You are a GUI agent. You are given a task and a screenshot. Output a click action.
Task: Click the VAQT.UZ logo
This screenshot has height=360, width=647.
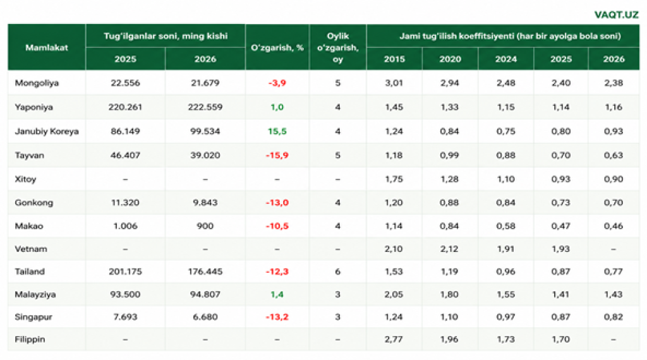(x=616, y=15)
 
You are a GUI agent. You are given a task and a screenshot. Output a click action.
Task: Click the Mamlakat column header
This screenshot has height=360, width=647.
(x=47, y=47)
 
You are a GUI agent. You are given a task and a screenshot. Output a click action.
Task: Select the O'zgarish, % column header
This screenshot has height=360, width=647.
(x=277, y=47)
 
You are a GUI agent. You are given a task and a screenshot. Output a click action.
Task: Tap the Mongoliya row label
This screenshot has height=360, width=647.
(x=37, y=83)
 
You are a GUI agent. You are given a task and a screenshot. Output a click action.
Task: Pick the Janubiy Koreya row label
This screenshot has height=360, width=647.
(x=47, y=131)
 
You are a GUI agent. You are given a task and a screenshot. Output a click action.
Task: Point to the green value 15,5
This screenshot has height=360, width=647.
(x=277, y=131)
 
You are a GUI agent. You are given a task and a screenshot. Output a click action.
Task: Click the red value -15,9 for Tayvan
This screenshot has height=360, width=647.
(x=277, y=155)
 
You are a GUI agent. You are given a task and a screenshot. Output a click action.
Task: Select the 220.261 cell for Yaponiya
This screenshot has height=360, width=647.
(x=125, y=107)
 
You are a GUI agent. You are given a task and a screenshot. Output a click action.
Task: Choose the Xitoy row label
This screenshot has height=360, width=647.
(x=25, y=179)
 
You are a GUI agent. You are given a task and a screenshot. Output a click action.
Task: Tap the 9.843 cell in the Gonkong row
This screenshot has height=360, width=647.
(x=205, y=203)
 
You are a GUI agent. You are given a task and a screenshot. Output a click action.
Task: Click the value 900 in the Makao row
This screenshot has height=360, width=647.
(x=205, y=226)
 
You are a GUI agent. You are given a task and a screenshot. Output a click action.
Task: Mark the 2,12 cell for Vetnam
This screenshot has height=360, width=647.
(x=450, y=249)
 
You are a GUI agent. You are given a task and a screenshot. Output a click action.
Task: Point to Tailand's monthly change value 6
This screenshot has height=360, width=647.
(x=338, y=272)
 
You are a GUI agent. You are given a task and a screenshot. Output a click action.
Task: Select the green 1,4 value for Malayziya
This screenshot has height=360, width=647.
(x=277, y=294)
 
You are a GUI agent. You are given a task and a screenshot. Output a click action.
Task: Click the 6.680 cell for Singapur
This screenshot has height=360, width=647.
(x=205, y=317)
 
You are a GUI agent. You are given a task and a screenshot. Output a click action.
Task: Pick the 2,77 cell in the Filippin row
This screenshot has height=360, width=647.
(x=394, y=339)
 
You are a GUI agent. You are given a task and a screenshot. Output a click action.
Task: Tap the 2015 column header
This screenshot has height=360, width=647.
(x=394, y=59)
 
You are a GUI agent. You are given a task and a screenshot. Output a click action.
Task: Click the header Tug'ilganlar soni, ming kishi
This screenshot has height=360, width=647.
(x=166, y=36)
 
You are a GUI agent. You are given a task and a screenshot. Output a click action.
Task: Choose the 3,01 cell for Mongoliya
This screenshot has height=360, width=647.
(x=394, y=83)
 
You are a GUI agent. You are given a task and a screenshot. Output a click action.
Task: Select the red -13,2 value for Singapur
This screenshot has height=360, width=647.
(x=277, y=317)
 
